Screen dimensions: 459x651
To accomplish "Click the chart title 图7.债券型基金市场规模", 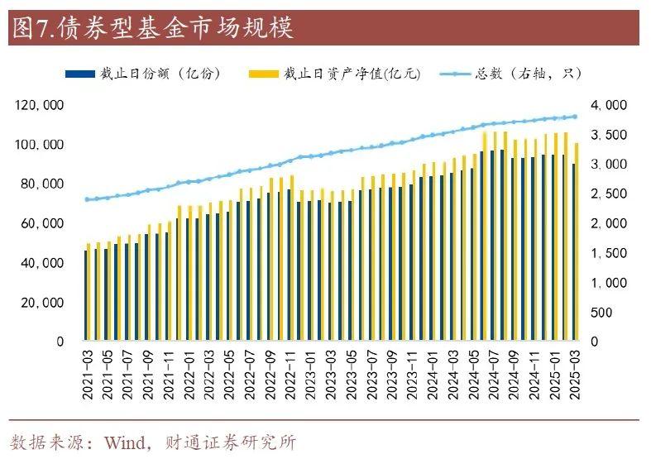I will pos(152,28).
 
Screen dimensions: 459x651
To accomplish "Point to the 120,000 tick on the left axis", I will pos(40,106).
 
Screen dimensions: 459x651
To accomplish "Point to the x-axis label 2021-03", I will pos(87,377).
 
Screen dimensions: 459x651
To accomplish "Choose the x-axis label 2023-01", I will pos(309,377).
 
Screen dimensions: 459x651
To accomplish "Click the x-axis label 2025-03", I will pos(573,377).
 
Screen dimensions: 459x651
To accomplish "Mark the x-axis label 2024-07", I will pos(492,377).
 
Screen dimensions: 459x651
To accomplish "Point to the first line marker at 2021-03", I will pos(87,199).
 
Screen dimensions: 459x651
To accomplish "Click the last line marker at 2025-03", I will pos(574,117).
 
